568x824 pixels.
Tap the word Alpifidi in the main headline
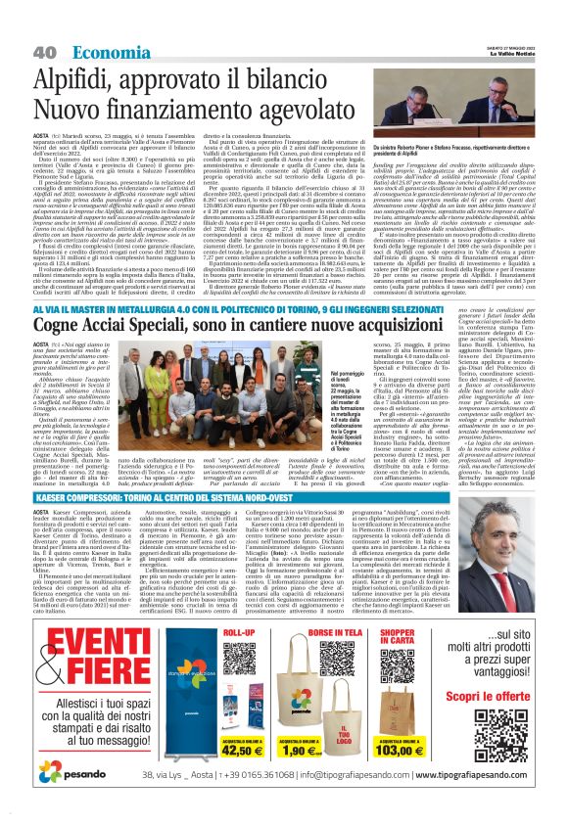(75, 76)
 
